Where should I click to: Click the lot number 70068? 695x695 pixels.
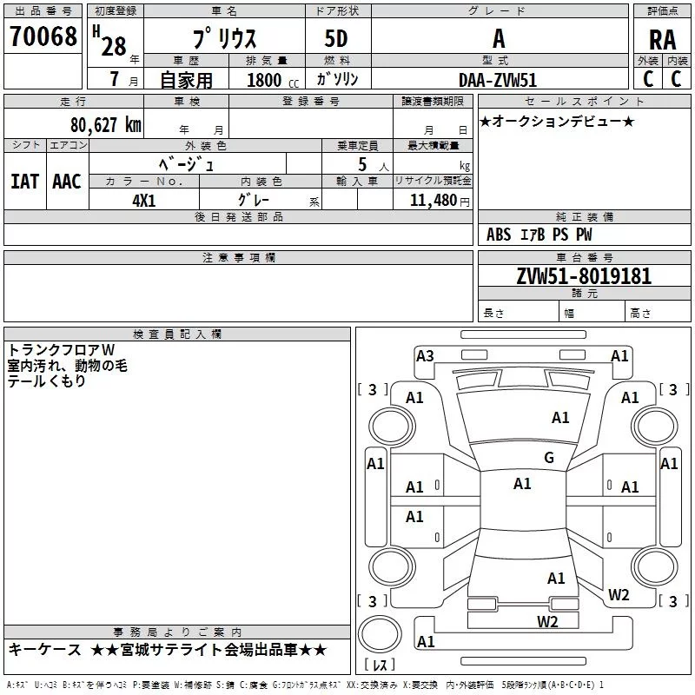pyautogui.click(x=43, y=37)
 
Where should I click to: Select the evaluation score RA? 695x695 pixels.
pyautogui.click(x=662, y=39)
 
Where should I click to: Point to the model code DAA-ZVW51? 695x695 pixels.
pyautogui.click(x=498, y=80)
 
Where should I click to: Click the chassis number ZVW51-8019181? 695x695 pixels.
pyautogui.click(x=584, y=277)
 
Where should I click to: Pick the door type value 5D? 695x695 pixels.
pyautogui.click(x=337, y=39)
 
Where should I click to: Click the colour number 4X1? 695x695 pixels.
pyautogui.click(x=144, y=199)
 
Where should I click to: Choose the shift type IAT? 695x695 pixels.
pyautogui.click(x=24, y=181)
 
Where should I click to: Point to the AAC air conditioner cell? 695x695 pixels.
pyautogui.click(x=66, y=181)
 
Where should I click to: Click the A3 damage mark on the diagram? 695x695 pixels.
pyautogui.click(x=425, y=355)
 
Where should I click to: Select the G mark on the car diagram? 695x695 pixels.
pyautogui.click(x=548, y=458)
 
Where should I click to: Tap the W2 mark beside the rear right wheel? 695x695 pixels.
pyautogui.click(x=619, y=595)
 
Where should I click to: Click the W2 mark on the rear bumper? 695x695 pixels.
pyautogui.click(x=547, y=621)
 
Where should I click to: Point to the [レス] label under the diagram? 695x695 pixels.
pyautogui.click(x=379, y=665)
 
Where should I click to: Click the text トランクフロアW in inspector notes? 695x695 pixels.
pyautogui.click(x=61, y=350)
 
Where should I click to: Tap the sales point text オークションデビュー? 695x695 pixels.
pyautogui.click(x=557, y=121)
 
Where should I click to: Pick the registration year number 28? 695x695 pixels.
pyautogui.click(x=113, y=46)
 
